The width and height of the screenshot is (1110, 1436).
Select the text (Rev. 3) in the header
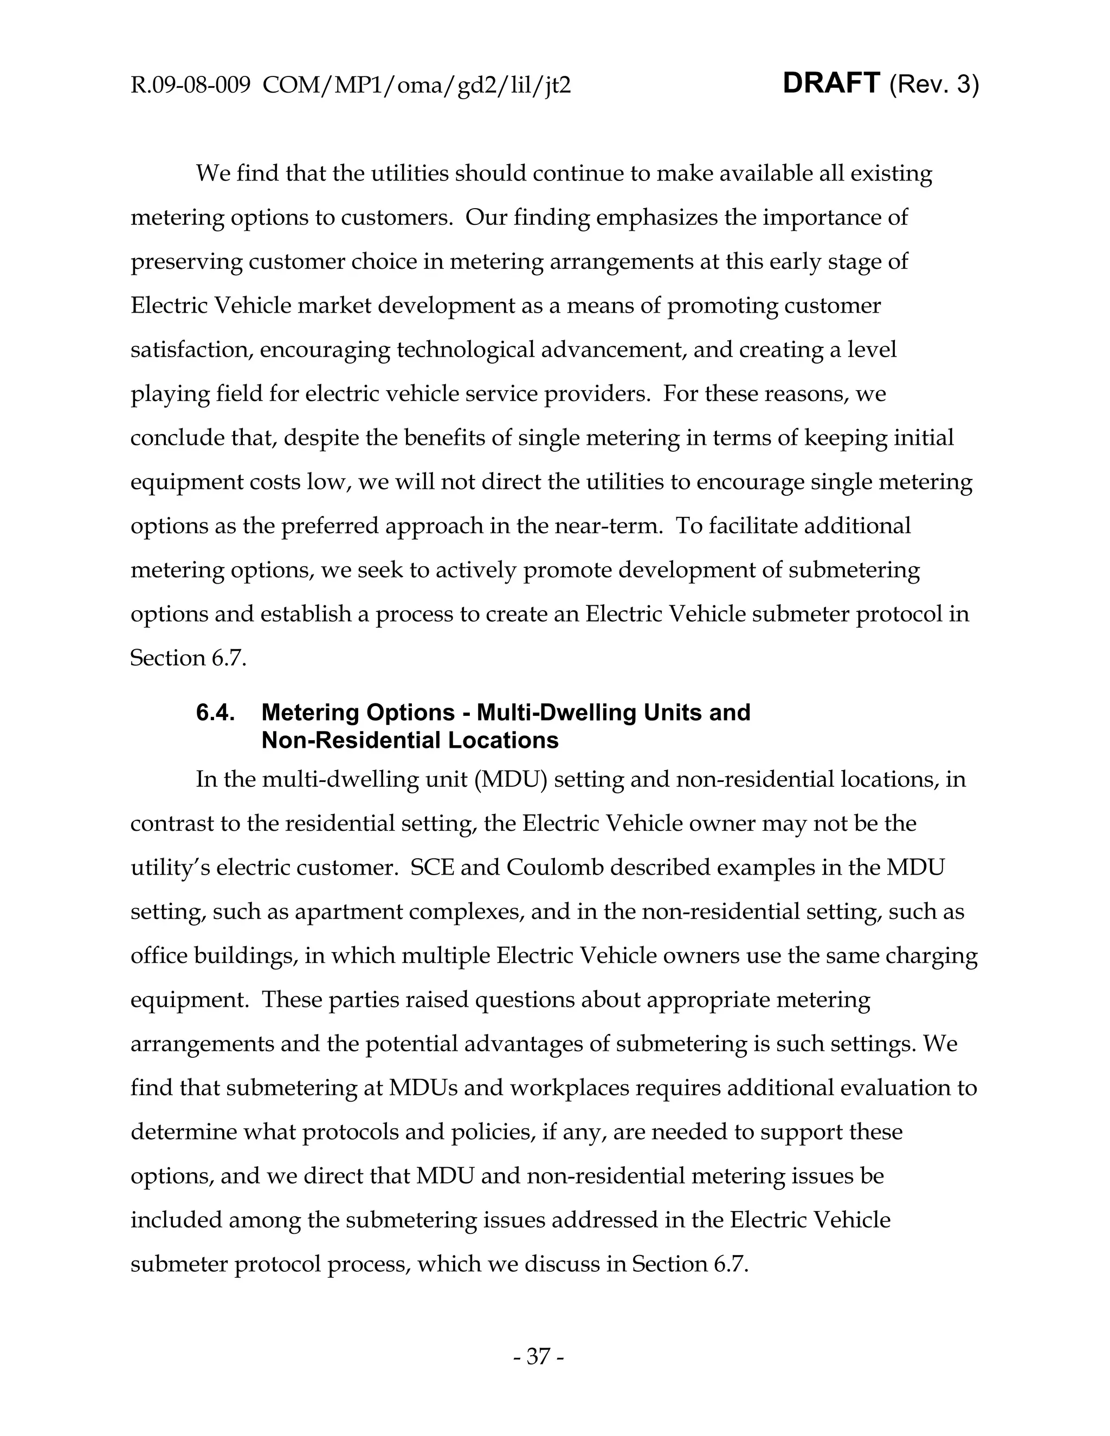(934, 85)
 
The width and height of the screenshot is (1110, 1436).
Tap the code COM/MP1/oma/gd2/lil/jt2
(416, 86)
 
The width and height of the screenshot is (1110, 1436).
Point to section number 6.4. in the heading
(216, 713)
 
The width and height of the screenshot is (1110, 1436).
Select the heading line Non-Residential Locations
(410, 740)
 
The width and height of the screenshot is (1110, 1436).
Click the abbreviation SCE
(432, 868)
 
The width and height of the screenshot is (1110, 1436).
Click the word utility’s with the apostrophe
(170, 868)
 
